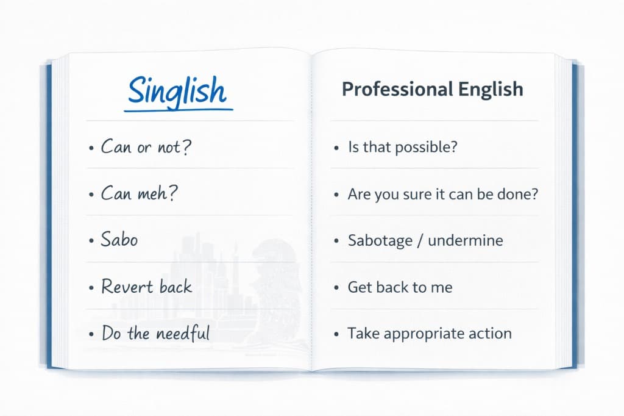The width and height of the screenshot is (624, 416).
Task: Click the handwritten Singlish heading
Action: pyautogui.click(x=177, y=91)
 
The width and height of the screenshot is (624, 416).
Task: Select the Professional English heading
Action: pyautogui.click(x=432, y=89)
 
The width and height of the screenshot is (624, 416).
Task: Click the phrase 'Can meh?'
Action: pyautogui.click(x=139, y=194)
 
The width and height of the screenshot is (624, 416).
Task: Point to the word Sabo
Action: pyautogui.click(x=119, y=240)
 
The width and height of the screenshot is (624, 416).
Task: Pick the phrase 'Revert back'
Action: pyautogui.click(x=146, y=287)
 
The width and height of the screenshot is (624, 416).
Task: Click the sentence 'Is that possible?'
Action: pyautogui.click(x=402, y=147)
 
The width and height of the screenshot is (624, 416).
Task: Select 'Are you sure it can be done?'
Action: pyautogui.click(x=443, y=194)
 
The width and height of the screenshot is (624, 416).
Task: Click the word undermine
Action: pyautogui.click(x=466, y=240)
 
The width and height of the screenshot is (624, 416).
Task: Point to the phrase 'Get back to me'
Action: pyautogui.click(x=400, y=287)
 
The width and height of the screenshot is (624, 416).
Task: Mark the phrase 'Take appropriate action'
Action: pyautogui.click(x=429, y=334)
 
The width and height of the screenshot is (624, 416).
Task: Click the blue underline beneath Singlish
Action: pyautogui.click(x=179, y=110)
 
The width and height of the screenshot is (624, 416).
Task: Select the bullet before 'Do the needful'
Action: pyautogui.click(x=91, y=335)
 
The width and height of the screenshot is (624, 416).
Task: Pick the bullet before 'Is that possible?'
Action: pyautogui.click(x=337, y=148)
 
